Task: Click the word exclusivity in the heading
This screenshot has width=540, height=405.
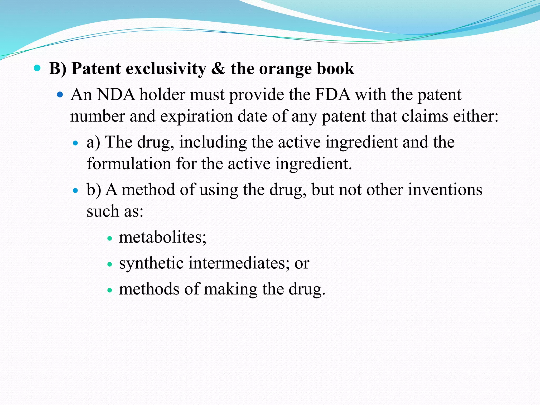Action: pyautogui.click(x=166, y=69)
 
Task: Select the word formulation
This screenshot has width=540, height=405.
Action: pyautogui.click(x=129, y=163)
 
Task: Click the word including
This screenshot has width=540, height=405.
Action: pyautogui.click(x=213, y=142)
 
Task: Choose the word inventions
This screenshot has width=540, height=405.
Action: pyautogui.click(x=445, y=190)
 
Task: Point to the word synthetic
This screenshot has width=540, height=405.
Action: pyautogui.click(x=151, y=263)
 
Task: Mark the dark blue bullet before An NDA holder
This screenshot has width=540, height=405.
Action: pyautogui.click(x=60, y=94)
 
